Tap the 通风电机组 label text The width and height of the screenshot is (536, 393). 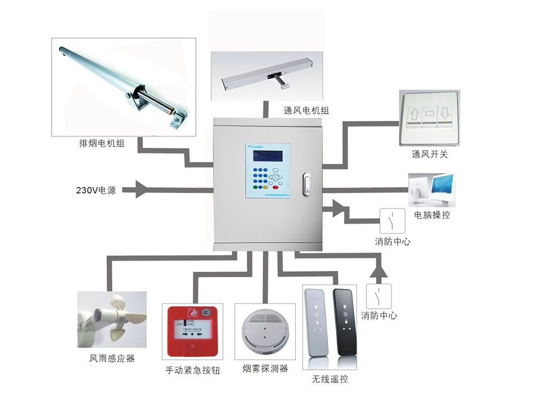306,110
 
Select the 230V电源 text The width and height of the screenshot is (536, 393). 100,190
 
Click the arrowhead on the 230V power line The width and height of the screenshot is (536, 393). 140,189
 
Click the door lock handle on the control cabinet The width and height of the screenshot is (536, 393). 306,182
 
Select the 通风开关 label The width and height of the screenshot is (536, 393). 430,155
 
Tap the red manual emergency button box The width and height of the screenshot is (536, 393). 192,331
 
